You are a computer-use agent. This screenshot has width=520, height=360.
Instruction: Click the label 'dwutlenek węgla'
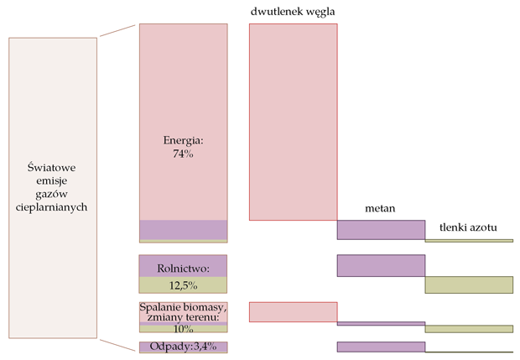pos(293,11)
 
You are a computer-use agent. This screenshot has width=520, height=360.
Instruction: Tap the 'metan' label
pos(380,207)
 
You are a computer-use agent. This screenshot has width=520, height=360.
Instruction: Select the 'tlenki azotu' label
pos(468,229)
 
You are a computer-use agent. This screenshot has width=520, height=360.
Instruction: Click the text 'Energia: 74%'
pos(183,147)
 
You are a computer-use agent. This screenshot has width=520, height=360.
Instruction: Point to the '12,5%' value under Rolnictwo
pos(183,285)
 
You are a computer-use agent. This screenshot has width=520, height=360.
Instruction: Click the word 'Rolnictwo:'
pos(183,269)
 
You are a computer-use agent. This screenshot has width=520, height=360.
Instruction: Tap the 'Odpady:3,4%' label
pos(183,347)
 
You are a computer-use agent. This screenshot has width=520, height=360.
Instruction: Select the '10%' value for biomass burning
pos(183,329)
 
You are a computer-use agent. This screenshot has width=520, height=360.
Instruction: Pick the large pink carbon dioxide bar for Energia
pos(293,122)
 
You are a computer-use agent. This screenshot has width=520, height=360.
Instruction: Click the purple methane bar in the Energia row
pos(380,230)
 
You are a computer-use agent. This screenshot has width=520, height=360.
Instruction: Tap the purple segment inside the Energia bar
pos(183,229)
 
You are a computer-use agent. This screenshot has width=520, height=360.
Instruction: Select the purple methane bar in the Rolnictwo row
pos(380,265)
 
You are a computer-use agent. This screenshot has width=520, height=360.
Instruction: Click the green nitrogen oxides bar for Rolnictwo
pos(468,284)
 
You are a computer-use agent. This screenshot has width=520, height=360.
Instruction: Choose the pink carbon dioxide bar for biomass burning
pos(293,311)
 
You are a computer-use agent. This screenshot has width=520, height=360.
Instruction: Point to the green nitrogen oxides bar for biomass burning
pos(468,328)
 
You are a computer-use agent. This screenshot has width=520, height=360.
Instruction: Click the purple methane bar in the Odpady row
pos(380,347)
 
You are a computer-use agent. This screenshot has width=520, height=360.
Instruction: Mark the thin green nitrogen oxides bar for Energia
pos(468,241)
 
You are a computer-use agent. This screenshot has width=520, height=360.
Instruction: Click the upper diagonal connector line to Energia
pos(117,30)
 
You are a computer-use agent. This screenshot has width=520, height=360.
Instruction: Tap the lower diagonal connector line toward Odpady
pos(117,343)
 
